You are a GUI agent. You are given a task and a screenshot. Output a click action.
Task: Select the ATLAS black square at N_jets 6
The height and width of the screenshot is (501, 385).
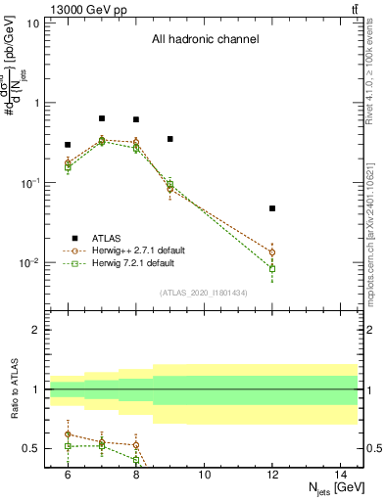68,145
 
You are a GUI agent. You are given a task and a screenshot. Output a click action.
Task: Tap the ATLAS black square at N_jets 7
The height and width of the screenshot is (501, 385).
102,118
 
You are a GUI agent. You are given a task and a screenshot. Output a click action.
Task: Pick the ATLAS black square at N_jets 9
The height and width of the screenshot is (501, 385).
170,139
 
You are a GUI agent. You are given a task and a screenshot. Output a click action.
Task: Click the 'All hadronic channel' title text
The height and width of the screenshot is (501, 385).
205,40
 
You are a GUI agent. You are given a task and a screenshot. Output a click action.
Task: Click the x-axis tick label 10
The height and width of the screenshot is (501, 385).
204,475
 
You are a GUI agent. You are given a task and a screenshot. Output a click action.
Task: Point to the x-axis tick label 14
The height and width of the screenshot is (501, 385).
341,475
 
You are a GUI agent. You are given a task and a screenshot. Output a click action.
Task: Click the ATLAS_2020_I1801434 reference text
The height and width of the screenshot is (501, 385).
204,293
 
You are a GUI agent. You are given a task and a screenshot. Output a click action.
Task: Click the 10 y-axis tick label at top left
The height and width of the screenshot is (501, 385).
34,23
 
